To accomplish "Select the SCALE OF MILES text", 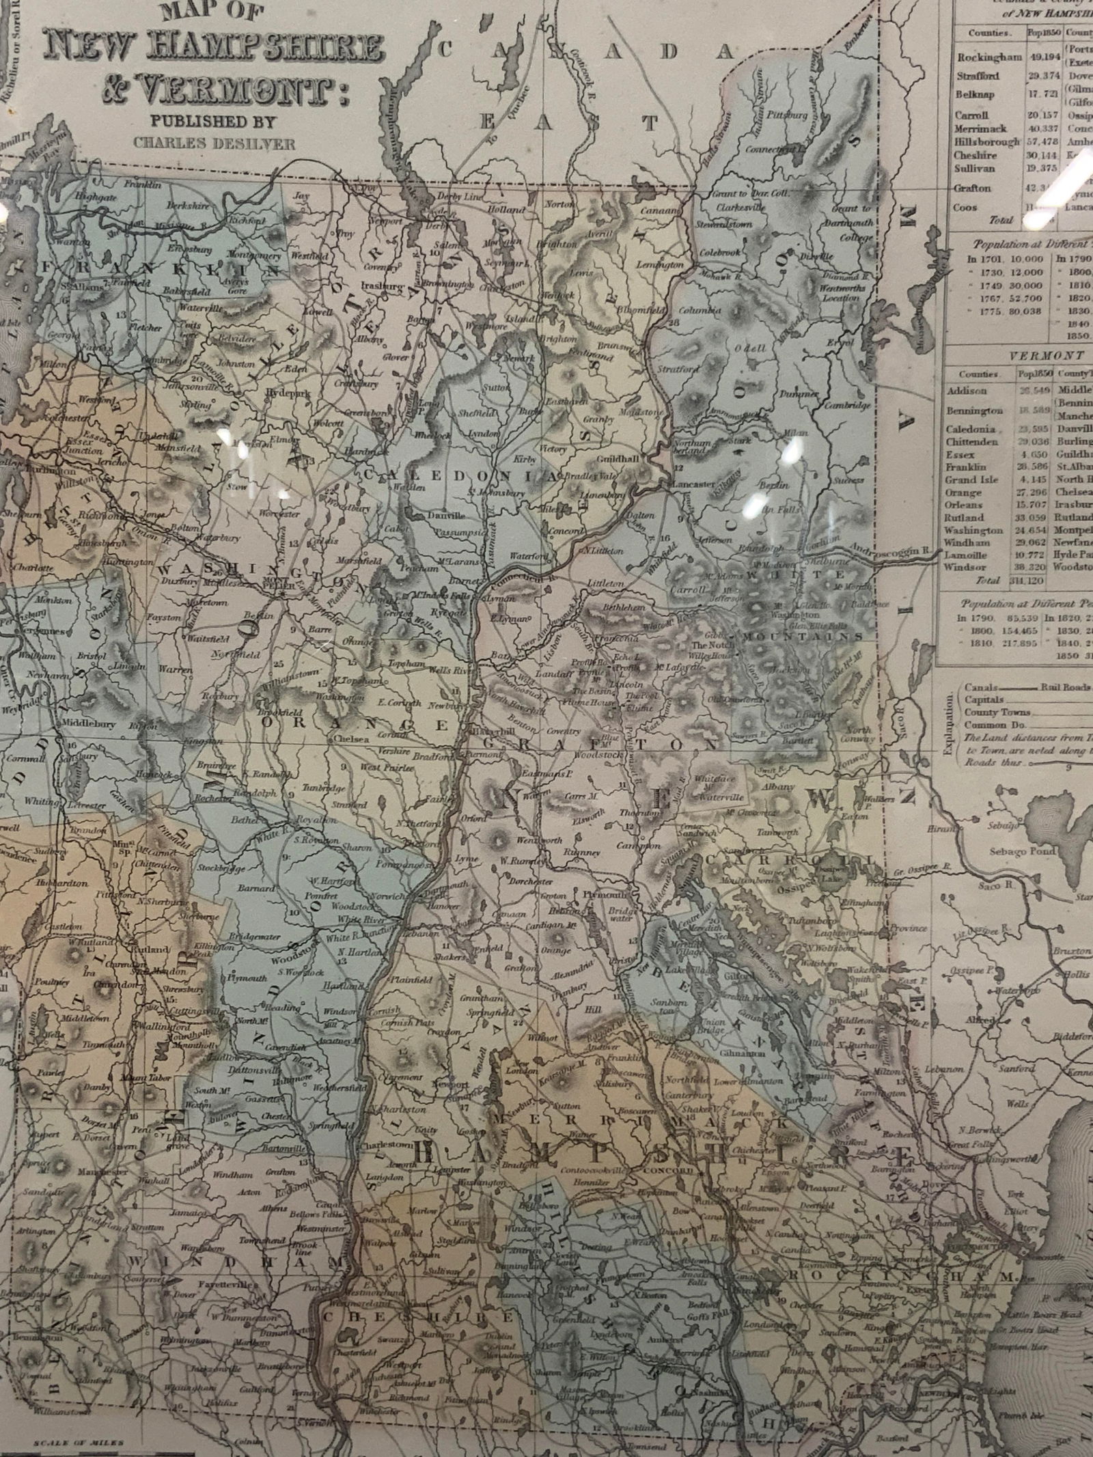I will pyautogui.click(x=59, y=1440).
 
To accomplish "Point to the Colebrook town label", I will pyautogui.click(x=719, y=252).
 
